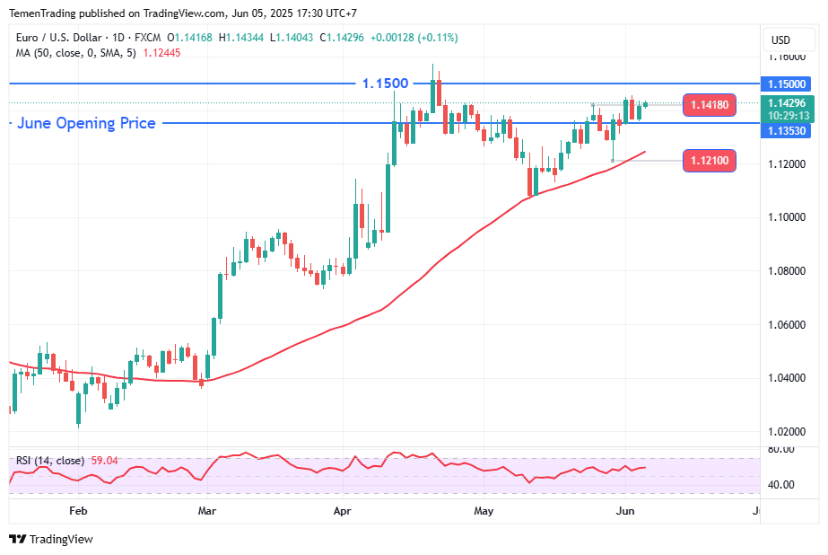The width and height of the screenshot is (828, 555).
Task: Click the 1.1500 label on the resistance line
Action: click(385, 84)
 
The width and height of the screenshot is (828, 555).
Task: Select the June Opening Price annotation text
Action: click(86, 123)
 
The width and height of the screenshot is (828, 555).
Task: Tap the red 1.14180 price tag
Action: click(709, 106)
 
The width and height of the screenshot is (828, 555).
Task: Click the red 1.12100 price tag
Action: click(709, 161)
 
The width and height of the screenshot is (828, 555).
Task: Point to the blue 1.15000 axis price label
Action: click(788, 84)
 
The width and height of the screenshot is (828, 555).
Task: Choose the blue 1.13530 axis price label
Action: click(788, 131)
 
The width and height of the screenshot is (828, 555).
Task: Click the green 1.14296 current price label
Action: click(788, 102)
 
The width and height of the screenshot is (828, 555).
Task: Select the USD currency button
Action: click(780, 40)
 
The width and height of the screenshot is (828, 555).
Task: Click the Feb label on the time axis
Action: click(78, 511)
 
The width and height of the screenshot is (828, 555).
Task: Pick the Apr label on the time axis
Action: click(342, 511)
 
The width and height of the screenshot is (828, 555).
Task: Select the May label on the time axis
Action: click(484, 511)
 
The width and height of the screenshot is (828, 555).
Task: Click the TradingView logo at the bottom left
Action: click(51, 539)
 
